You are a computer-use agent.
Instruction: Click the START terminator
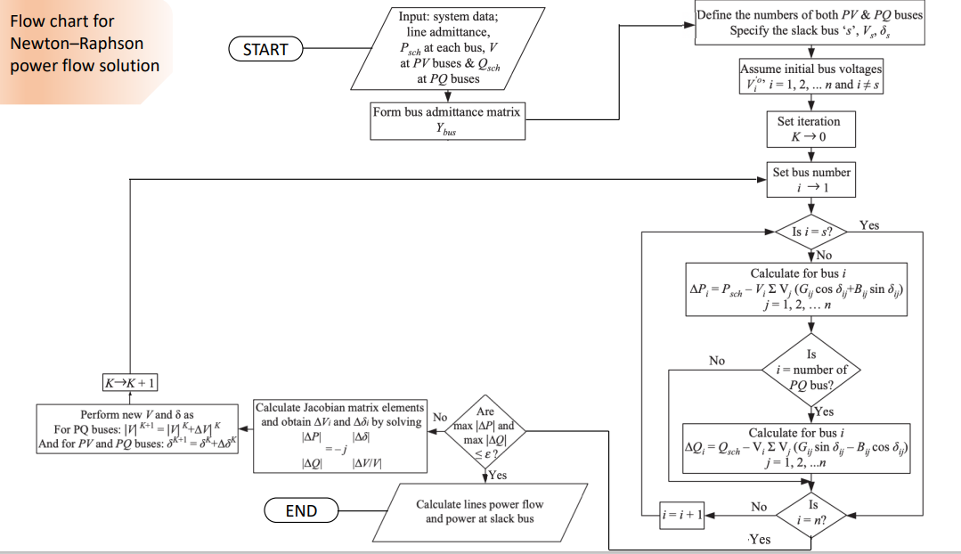tap(265, 50)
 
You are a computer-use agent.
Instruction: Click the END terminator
tap(301, 510)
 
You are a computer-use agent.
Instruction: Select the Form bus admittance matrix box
tap(447, 120)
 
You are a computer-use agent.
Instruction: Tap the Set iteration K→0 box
tap(809, 130)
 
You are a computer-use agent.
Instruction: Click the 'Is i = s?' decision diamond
tap(811, 232)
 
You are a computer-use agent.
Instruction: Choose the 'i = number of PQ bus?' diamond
tap(811, 369)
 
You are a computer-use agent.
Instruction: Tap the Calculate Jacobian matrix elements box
tap(341, 436)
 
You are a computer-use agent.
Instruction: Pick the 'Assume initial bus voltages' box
tap(810, 77)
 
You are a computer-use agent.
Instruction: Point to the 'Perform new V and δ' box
tap(137, 428)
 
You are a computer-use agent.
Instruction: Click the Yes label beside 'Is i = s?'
tap(869, 225)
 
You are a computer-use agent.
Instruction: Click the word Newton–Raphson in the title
tap(77, 44)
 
